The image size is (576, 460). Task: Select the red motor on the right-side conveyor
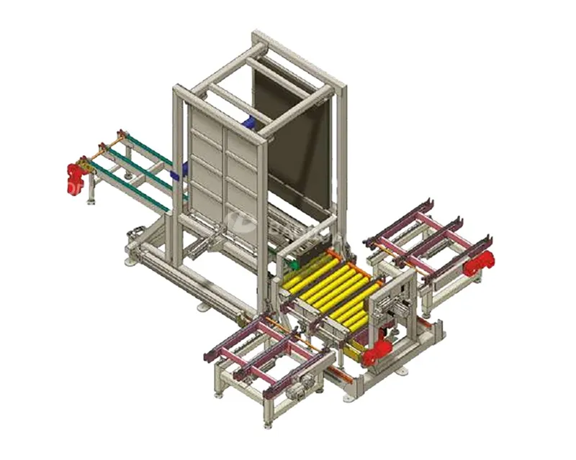tap(477, 265)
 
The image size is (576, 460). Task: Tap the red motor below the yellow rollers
tap(377, 352)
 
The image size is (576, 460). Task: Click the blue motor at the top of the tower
tap(249, 124)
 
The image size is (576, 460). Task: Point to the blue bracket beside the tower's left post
tap(184, 170)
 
